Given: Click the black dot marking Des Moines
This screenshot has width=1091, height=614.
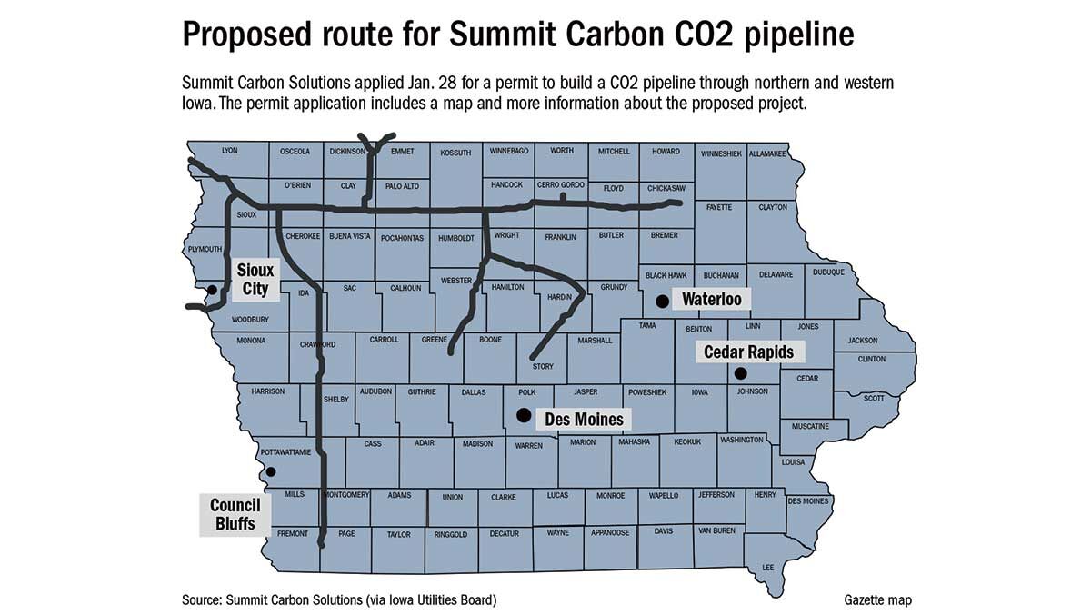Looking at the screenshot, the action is [523, 415].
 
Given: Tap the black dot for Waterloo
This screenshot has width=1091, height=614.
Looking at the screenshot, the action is [662, 299].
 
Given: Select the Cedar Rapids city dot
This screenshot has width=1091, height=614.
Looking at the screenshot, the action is [740, 372].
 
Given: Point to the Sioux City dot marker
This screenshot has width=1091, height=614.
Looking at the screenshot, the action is [212, 290].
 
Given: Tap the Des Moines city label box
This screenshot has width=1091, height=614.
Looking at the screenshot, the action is [584, 420].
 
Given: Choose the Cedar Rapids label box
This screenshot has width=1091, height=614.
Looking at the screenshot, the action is [748, 352].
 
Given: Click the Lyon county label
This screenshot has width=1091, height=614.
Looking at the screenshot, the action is [229, 151].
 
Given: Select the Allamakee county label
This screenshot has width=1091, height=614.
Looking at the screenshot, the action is [767, 154].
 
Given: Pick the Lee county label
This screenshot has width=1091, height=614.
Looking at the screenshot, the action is [768, 568].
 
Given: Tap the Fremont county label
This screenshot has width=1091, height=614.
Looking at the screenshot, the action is [293, 533].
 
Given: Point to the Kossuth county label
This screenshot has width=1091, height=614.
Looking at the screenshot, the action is [455, 153].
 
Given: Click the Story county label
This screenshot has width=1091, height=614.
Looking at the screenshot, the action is [543, 366].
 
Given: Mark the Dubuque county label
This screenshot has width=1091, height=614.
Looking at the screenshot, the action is [829, 272].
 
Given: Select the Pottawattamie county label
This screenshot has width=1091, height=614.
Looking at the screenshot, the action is [285, 451].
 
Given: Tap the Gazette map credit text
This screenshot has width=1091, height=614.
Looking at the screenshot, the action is [876, 599].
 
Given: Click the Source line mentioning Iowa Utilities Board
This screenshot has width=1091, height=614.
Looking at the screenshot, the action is [339, 599].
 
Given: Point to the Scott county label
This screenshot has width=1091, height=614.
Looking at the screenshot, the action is [874, 398].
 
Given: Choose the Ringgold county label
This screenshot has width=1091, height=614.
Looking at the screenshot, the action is [451, 534].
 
